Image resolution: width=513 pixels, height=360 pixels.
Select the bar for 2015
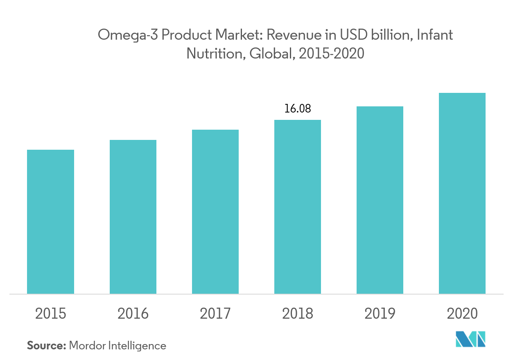tap(50, 221)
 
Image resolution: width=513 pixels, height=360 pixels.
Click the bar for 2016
tap(133, 216)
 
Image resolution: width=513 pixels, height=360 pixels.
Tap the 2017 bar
tap(215, 211)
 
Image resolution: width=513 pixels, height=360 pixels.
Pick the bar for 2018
tap(297, 207)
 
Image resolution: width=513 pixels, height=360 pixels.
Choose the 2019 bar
tap(380, 200)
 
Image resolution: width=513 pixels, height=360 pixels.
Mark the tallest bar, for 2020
tap(462, 193)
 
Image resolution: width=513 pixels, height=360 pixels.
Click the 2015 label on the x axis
tap(50, 314)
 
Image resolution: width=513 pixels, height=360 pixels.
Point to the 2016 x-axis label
tap(133, 314)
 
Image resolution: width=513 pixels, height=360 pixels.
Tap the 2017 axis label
tap(215, 314)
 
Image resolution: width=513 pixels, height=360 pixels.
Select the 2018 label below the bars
tap(297, 314)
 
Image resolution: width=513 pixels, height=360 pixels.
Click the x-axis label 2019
tap(380, 314)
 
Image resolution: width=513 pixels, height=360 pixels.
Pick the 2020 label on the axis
tap(462, 314)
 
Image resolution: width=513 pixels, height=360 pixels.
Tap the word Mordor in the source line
tap(87, 346)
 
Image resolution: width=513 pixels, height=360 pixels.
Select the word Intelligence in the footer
tap(137, 346)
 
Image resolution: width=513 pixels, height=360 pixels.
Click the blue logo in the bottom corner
tap(471, 339)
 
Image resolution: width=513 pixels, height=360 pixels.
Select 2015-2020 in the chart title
tap(331, 54)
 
